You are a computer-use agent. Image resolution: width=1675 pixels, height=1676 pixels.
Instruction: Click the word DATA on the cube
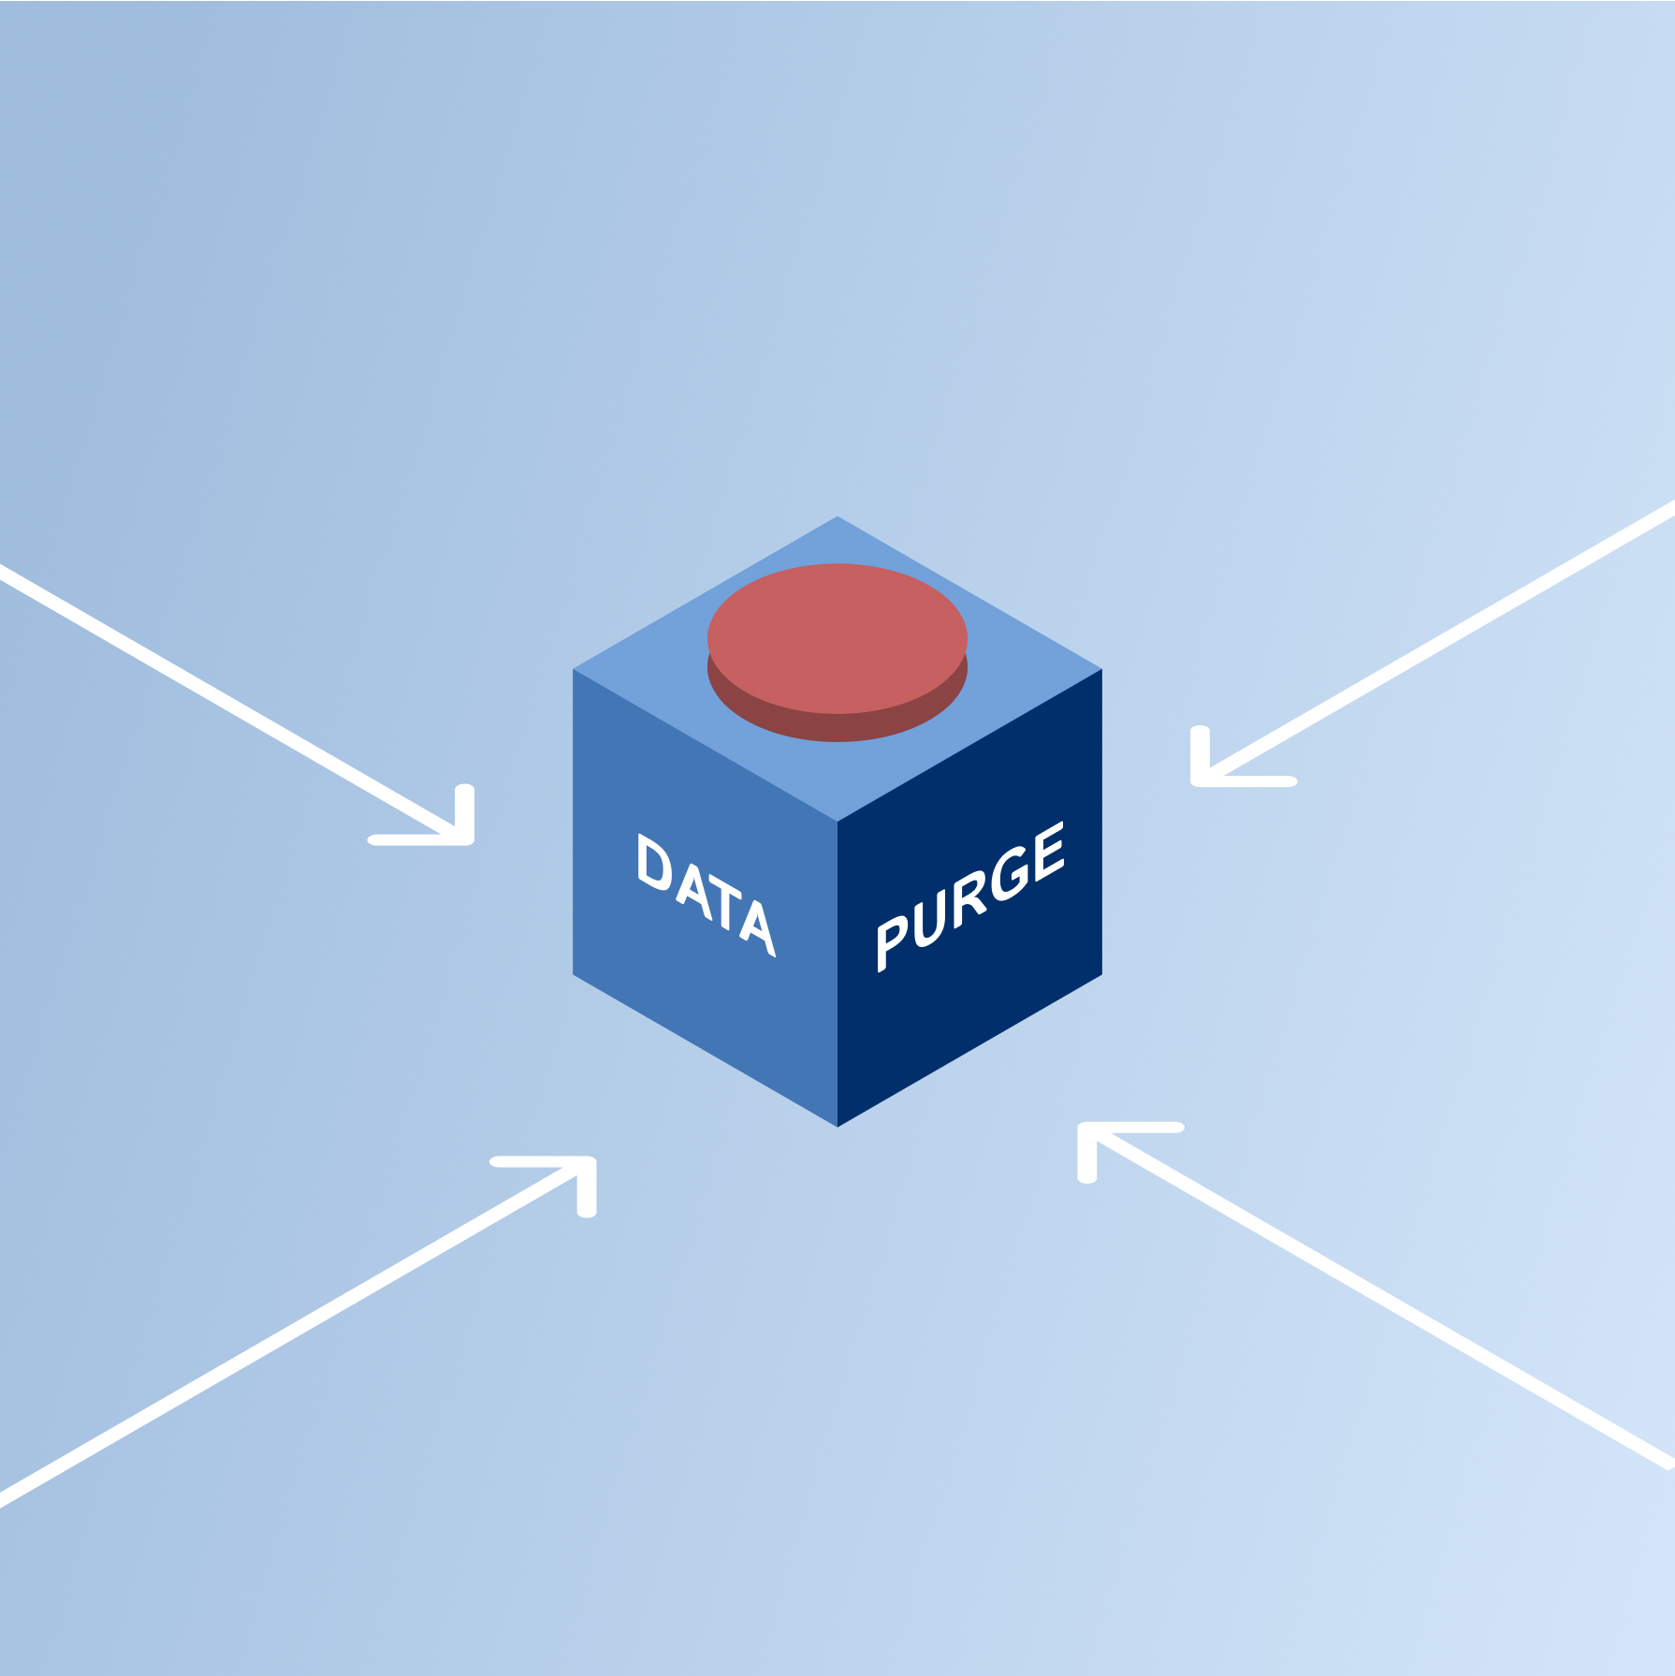coord(706,895)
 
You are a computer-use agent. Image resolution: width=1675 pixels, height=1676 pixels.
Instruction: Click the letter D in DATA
coord(654,862)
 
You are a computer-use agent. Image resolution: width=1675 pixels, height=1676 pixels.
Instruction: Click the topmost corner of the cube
coord(837,517)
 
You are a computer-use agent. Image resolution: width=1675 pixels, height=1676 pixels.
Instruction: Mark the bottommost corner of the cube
coord(837,1126)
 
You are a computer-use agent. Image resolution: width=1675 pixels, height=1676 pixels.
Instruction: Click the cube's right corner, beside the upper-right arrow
coord(1101,670)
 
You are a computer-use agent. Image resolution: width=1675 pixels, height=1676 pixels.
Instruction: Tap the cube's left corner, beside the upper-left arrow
coord(574,670)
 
